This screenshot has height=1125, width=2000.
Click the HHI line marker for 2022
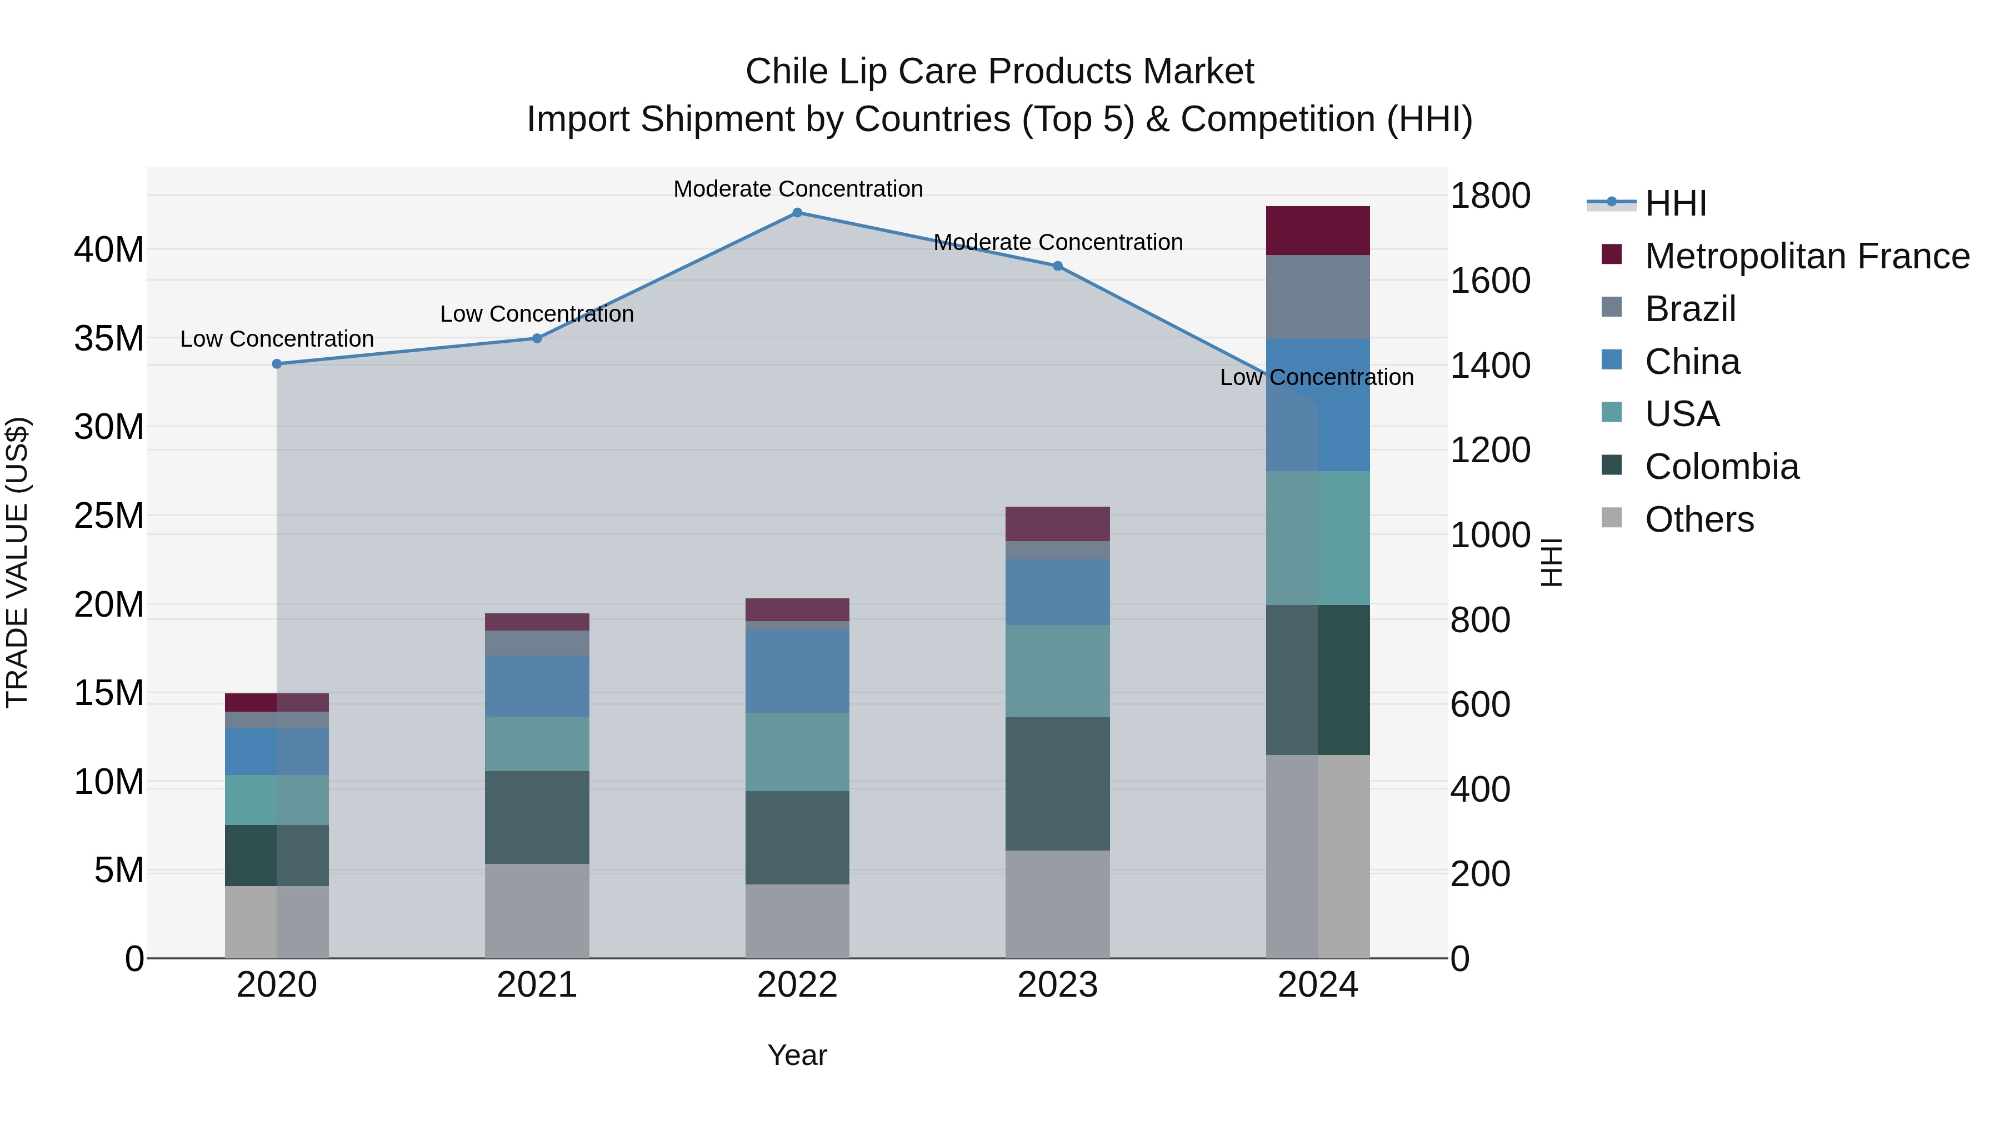(797, 213)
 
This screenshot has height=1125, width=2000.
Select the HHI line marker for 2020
(277, 364)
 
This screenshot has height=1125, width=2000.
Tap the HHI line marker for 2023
(1057, 266)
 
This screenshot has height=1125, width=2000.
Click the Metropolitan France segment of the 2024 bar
(1318, 231)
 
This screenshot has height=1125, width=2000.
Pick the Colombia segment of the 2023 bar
(1057, 783)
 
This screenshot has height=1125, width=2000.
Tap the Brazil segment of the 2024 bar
(1318, 297)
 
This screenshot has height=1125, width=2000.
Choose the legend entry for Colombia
(1721, 467)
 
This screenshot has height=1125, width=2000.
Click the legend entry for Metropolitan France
(1807, 256)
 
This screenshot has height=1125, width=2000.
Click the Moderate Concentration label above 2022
(797, 189)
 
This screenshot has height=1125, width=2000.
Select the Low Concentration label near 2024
(1316, 377)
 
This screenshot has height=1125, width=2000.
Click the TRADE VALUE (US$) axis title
(17, 562)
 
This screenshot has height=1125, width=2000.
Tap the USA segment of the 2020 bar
(277, 799)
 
